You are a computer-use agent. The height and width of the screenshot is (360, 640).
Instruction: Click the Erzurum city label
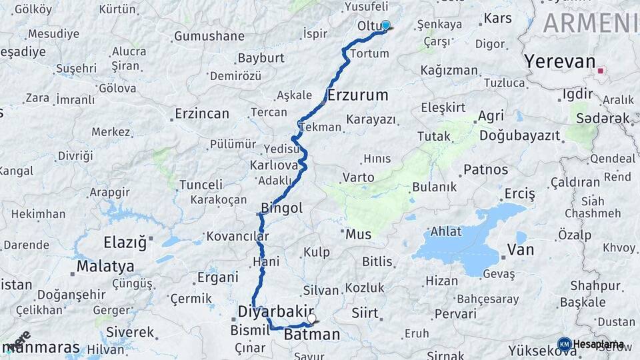click(x=357, y=95)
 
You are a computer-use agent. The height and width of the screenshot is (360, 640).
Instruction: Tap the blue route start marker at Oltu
click(x=385, y=25)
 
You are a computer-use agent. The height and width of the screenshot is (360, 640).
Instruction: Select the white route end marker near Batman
click(x=311, y=319)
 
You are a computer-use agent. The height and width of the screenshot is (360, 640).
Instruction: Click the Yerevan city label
click(x=559, y=62)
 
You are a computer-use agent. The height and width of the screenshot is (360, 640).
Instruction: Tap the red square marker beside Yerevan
click(x=601, y=70)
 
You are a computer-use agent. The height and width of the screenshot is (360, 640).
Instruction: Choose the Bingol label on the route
click(x=281, y=208)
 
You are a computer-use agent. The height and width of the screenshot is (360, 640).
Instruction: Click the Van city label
click(x=521, y=250)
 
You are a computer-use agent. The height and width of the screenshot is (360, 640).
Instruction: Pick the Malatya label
click(x=105, y=267)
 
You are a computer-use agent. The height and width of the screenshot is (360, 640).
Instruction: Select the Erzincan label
click(x=202, y=114)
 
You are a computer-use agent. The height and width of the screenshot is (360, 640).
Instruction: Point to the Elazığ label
click(x=125, y=243)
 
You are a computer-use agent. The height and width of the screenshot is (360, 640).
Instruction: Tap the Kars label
click(x=497, y=18)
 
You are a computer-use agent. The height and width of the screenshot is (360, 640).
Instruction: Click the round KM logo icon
click(x=564, y=344)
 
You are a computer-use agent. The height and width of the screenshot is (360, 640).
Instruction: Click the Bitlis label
click(x=377, y=261)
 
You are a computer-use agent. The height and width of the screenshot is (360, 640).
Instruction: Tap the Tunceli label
click(x=201, y=185)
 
